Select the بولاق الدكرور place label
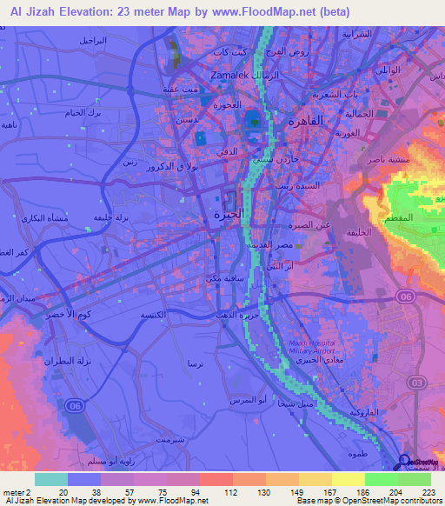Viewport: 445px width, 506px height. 173,165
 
